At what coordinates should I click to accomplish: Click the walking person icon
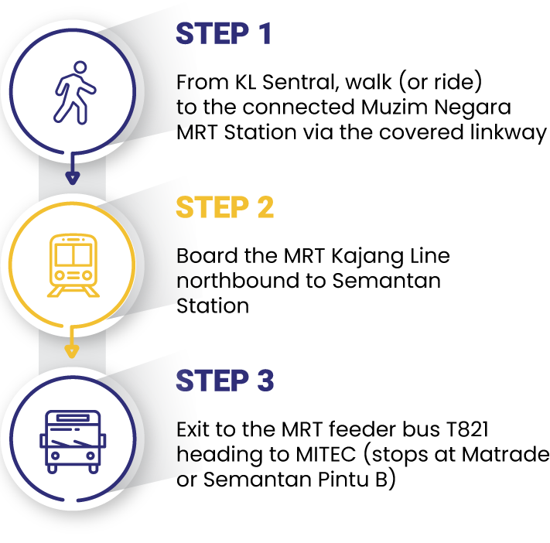(x=73, y=92)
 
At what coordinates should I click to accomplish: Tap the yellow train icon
(x=73, y=265)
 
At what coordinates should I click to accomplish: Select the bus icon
(x=73, y=441)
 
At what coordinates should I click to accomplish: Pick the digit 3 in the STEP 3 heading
(x=265, y=381)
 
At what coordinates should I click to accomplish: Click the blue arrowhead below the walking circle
(x=72, y=178)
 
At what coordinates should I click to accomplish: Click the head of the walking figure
(x=80, y=67)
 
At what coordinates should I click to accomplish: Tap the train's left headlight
(x=60, y=275)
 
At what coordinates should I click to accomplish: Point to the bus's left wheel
(x=53, y=468)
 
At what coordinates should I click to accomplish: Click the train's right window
(x=83, y=254)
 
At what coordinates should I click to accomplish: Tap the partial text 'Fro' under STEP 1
(x=186, y=82)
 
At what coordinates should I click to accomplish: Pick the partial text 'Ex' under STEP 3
(x=186, y=429)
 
